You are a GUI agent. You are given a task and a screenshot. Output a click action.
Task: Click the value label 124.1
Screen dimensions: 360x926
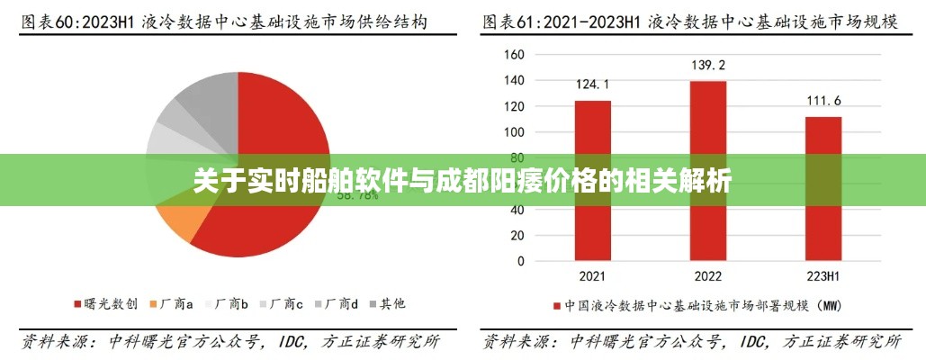click(x=593, y=85)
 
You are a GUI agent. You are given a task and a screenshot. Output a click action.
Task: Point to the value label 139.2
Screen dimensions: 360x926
click(x=708, y=65)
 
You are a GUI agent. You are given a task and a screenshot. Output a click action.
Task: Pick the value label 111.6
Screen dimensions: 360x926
click(x=823, y=100)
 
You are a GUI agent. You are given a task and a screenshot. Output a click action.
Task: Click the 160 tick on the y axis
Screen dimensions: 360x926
click(x=513, y=54)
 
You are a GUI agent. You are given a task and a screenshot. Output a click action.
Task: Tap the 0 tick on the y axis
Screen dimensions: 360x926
click(x=519, y=261)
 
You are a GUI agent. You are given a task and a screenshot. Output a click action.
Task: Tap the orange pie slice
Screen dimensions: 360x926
click(x=176, y=220)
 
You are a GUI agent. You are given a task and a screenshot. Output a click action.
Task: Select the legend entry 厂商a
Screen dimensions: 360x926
click(x=176, y=305)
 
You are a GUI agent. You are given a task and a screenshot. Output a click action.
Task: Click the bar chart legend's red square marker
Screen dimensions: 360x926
click(x=558, y=306)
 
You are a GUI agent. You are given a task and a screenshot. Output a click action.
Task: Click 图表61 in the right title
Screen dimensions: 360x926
click(x=509, y=20)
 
